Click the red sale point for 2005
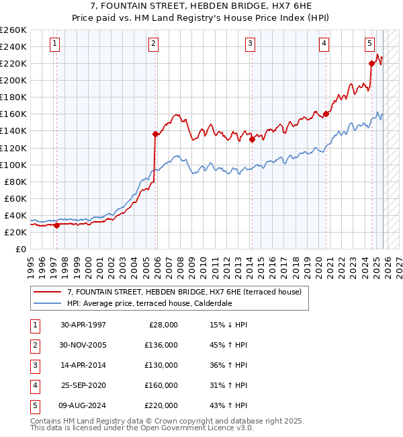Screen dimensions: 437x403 (x=155, y=134)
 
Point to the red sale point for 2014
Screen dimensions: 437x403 (x=252, y=140)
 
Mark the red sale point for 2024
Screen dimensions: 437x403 (x=371, y=64)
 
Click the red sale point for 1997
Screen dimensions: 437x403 (x=56, y=225)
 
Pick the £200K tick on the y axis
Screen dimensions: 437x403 (x=13, y=80)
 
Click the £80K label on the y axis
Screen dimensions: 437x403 (x=15, y=182)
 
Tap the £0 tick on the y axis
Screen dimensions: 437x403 (x=21, y=249)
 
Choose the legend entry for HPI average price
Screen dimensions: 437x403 (x=149, y=303)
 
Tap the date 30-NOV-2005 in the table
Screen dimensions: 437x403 (x=83, y=345)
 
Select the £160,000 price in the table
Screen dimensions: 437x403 (x=161, y=385)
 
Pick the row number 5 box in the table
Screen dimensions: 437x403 (x=34, y=405)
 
